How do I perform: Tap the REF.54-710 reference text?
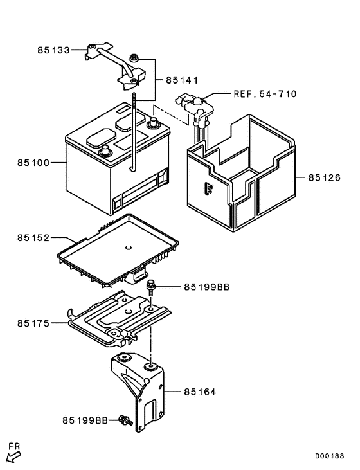coord(265,94)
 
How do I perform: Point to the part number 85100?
coord(33,163)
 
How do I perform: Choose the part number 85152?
coord(33,238)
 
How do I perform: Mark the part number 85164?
coord(199,391)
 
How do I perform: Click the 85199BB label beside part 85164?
coord(85,420)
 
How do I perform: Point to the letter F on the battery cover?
coord(207,190)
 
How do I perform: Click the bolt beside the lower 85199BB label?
coord(125,421)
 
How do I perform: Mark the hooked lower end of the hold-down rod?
coord(132,168)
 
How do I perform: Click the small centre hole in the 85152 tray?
coord(128,248)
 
